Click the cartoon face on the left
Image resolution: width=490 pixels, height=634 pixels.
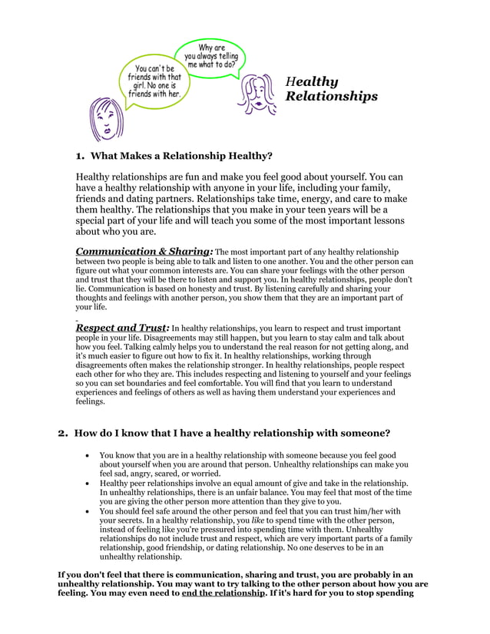107,121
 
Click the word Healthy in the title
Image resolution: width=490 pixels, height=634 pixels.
311,81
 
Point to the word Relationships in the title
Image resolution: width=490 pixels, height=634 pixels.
331,97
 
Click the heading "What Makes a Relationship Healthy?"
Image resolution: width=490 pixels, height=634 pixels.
182,156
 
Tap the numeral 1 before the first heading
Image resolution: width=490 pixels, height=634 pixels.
78,156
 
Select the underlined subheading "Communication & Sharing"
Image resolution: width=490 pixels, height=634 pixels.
143,251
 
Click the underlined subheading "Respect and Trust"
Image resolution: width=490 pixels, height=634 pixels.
121,328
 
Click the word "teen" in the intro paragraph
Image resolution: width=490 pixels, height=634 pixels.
321,209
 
